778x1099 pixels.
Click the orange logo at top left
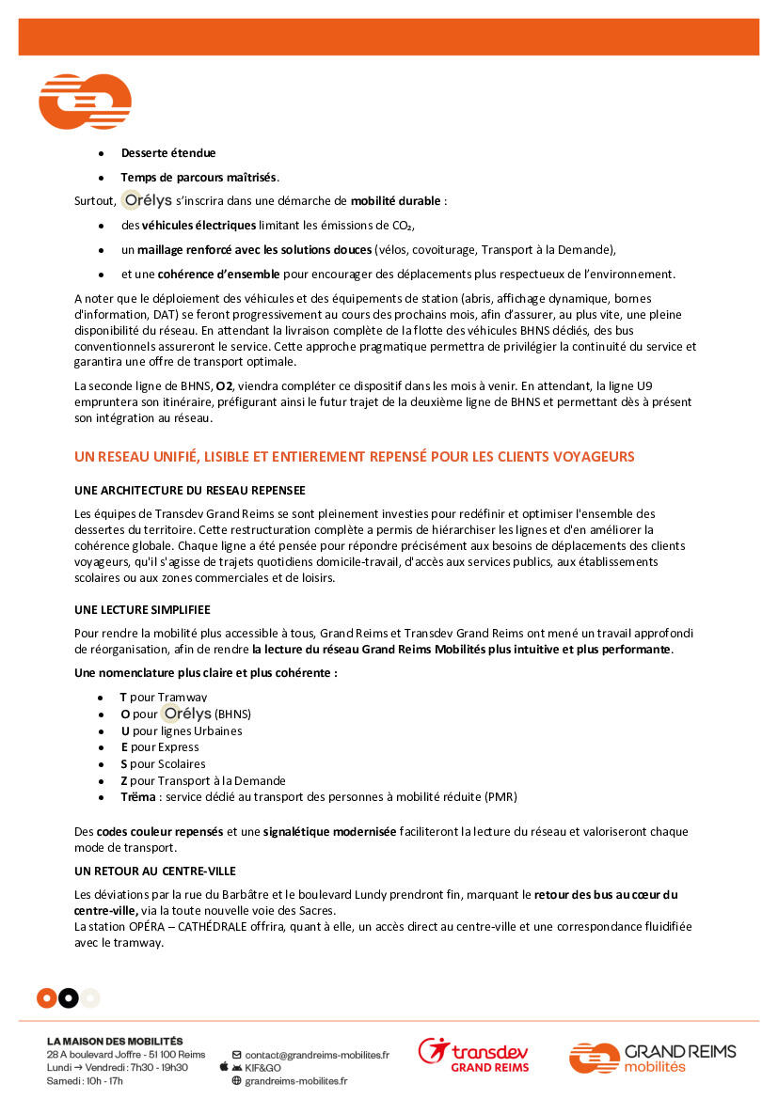tap(85, 101)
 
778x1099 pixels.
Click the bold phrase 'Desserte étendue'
tap(168, 153)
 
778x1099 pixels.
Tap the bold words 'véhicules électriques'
tap(198, 226)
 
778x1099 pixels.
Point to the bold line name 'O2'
tap(224, 385)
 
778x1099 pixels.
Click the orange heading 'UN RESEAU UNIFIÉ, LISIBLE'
tap(354, 457)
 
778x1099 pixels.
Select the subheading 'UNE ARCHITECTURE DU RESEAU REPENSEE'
tap(189, 491)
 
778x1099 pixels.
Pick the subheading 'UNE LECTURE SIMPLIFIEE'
tap(142, 610)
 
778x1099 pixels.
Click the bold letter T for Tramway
tap(123, 697)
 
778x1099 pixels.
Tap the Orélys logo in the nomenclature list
tap(186, 714)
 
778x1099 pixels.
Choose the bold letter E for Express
tap(124, 747)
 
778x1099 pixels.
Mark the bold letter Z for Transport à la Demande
tap(124, 781)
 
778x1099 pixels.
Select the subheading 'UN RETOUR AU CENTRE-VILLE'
tap(154, 871)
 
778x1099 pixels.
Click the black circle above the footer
tap(69, 997)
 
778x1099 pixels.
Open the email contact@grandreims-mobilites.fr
tap(316, 1055)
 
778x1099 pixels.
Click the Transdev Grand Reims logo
tap(474, 1056)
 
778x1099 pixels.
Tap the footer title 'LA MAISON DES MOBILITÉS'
tap(115, 1042)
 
